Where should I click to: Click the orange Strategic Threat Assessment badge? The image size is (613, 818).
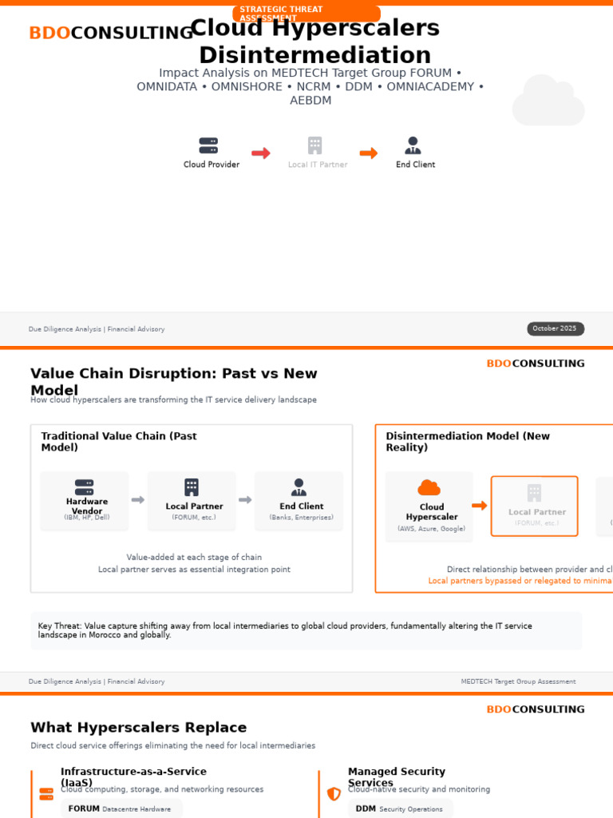306,14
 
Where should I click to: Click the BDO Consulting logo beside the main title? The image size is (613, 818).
110,34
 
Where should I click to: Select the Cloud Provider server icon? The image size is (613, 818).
208,145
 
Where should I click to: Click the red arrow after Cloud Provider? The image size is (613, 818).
261,153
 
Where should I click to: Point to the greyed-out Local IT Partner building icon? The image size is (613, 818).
315,145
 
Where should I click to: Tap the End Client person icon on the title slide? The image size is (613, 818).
413,145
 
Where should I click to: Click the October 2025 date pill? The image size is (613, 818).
555,328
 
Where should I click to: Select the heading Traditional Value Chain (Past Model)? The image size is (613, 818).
119,442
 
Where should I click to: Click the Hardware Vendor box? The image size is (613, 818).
85,501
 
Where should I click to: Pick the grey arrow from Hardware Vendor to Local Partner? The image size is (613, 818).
138,500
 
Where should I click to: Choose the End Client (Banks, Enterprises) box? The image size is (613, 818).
299,501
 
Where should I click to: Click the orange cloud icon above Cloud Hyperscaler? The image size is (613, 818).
429,487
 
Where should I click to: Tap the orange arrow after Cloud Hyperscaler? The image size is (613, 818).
480,506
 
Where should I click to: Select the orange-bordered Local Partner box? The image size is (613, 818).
534,506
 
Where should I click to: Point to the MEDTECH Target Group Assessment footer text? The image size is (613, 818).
518,681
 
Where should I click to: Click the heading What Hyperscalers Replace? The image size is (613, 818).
139,728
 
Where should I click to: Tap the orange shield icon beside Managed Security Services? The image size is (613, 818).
334,793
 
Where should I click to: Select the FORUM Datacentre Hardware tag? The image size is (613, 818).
121,808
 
